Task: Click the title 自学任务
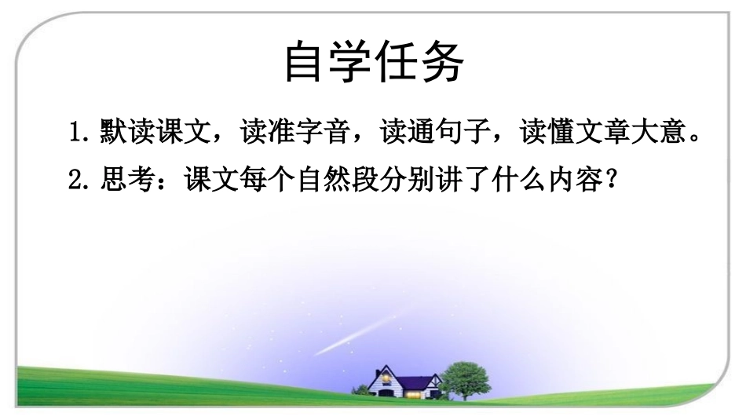coord(373,61)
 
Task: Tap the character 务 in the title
coord(441,61)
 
